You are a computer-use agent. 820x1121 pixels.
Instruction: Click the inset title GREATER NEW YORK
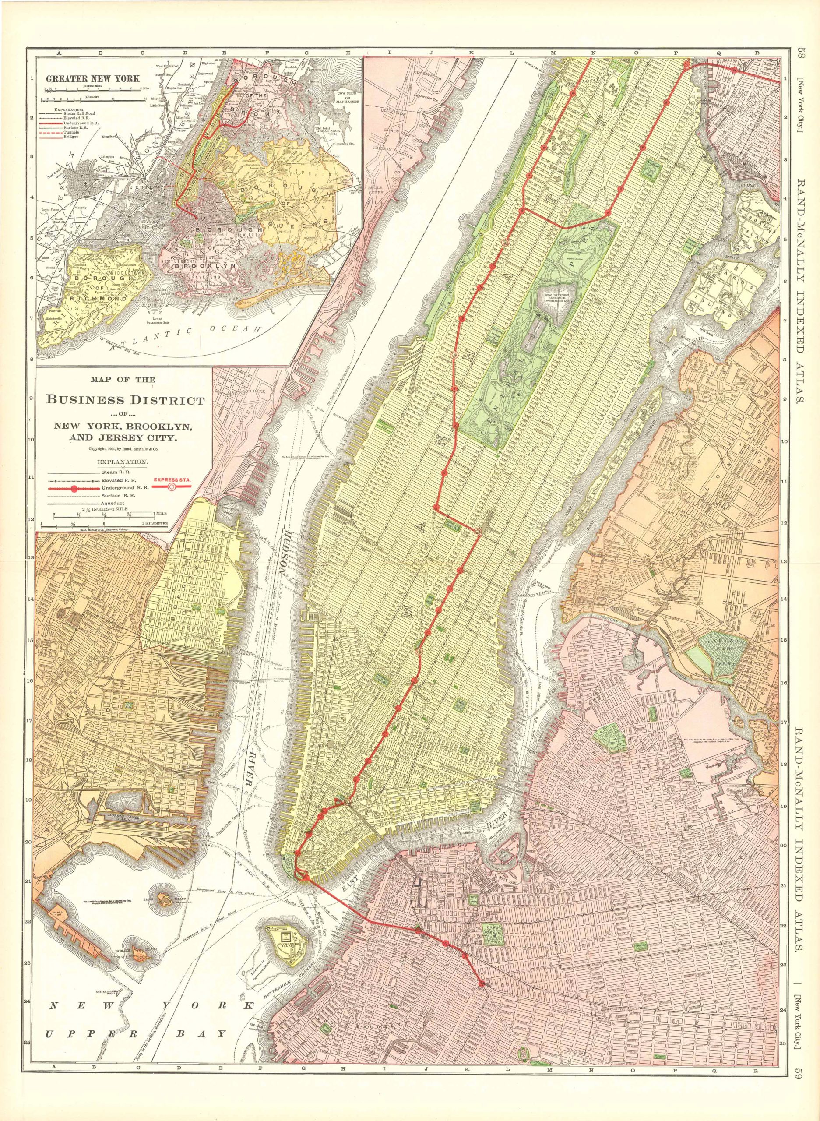[93, 78]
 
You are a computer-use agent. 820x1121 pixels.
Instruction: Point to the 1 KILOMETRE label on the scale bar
[155, 523]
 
